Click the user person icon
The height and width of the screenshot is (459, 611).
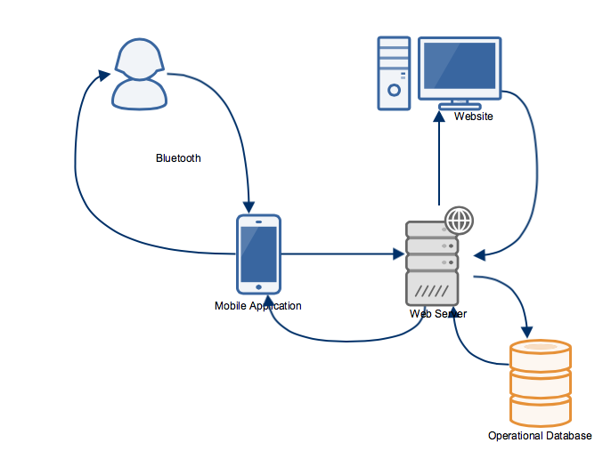point(139,73)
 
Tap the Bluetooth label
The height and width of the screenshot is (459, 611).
point(178,158)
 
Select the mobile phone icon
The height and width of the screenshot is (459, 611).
point(258,254)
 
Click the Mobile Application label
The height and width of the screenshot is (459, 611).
point(258,306)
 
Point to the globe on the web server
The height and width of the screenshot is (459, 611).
point(459,219)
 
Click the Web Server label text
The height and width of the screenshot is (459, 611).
point(437,314)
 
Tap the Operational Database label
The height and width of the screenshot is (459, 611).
point(540,436)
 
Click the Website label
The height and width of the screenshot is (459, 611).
point(473,117)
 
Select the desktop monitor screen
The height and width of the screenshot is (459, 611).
point(460,67)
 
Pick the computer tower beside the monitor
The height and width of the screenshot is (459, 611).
point(394,73)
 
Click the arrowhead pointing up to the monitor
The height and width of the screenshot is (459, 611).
point(440,117)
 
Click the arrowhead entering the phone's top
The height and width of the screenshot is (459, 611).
point(250,205)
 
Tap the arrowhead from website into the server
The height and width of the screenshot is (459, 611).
point(480,255)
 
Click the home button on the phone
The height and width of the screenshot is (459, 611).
point(258,286)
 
